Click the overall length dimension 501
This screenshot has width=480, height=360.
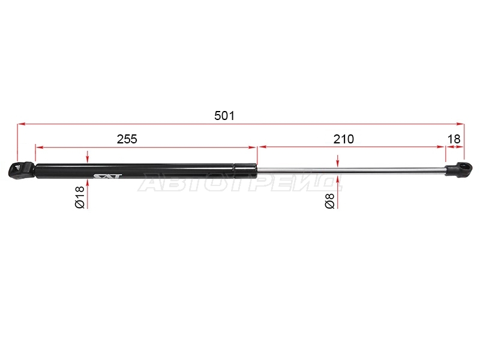[x=224, y=116]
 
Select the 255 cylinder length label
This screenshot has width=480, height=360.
[x=127, y=139]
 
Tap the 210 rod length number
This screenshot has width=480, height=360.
[x=343, y=139]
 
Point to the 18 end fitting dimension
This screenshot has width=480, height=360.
[x=454, y=139]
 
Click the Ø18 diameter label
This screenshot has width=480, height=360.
[x=80, y=197]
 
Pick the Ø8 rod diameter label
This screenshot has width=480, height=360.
[x=329, y=201]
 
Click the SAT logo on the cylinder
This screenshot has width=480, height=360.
[x=107, y=176]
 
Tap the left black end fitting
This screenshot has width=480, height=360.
[x=21, y=170]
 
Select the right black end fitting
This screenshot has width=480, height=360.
[x=458, y=170]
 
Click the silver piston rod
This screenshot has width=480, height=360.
[x=351, y=171]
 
